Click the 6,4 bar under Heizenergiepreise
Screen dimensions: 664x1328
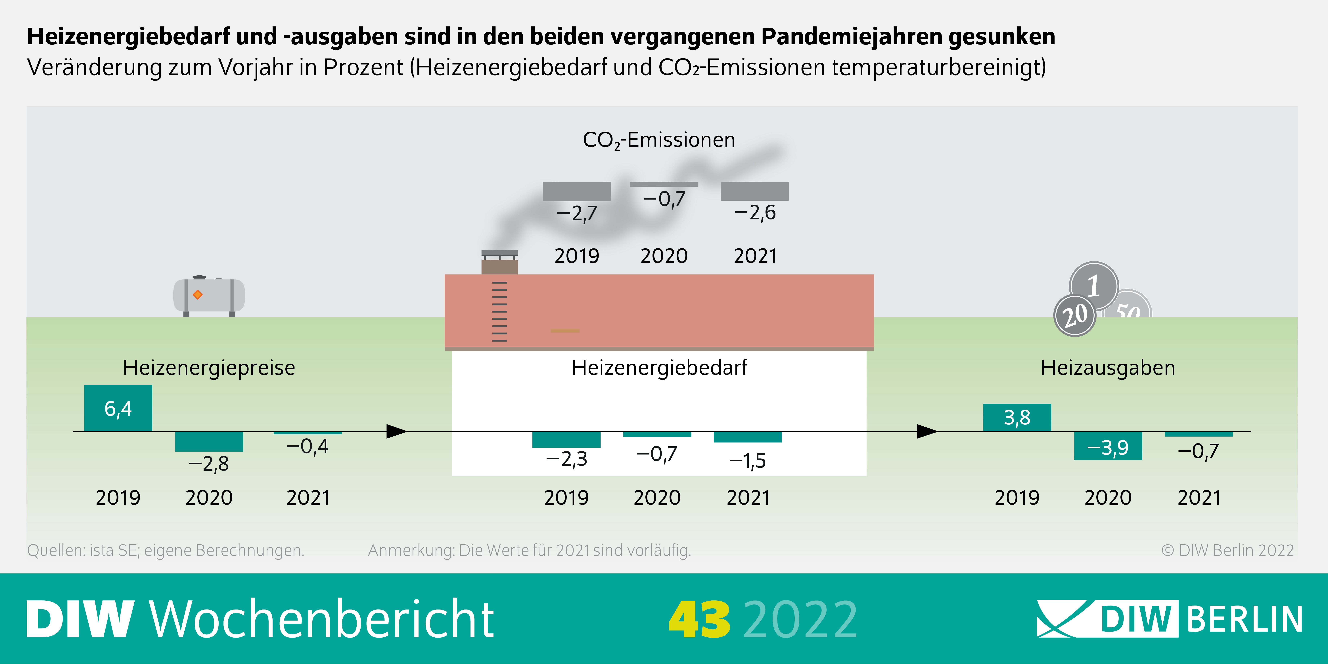(x=118, y=408)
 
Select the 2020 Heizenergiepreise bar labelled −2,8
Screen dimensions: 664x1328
(x=209, y=441)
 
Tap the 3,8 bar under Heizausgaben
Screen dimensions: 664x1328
(x=1017, y=417)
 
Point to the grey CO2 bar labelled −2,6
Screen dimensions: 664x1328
(x=755, y=191)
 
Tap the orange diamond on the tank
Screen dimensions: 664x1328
(x=197, y=295)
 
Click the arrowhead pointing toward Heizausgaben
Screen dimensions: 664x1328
(x=927, y=431)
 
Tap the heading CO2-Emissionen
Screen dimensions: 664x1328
(x=659, y=140)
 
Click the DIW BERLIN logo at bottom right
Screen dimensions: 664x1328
(x=1169, y=619)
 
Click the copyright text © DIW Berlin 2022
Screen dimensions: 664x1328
(x=1227, y=551)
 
